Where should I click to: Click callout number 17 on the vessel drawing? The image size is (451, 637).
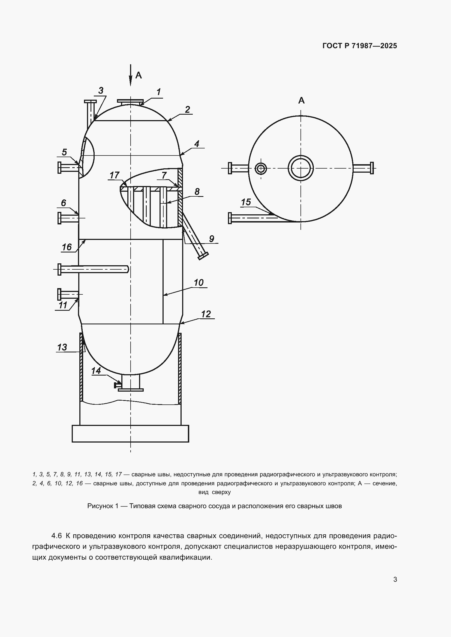point(114,175)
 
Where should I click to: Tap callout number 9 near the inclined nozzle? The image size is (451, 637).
point(212,239)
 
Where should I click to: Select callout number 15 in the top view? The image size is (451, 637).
point(246,202)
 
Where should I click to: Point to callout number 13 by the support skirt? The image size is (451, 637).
point(62,347)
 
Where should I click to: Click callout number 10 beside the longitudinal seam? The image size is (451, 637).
point(199,283)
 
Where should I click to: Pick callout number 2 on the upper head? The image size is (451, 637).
point(187,109)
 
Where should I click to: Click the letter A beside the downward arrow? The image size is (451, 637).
point(139,75)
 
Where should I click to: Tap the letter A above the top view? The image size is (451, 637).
point(301,100)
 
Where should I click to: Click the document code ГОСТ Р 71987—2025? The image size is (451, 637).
point(360,46)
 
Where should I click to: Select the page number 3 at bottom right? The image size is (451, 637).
point(395,579)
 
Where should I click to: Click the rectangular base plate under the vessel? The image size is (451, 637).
point(130,434)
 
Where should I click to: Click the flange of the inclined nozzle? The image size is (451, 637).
point(203,256)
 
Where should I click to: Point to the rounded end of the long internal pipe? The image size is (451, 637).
point(127,269)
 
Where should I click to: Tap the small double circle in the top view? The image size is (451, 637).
point(261,168)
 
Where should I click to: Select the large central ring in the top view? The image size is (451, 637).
point(301,168)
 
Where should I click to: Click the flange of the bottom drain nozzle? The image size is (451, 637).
point(131,390)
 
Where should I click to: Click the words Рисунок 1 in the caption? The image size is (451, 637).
point(103,506)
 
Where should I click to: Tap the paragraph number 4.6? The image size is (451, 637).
point(56,536)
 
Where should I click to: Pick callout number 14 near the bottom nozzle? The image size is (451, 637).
point(96,371)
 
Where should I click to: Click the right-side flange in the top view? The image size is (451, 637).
point(372,168)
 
